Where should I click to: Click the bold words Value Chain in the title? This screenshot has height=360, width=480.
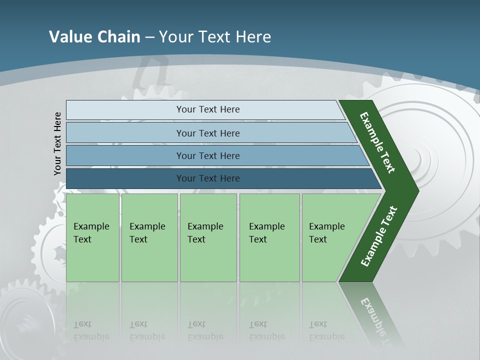click(x=94, y=36)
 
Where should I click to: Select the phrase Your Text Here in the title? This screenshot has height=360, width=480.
click(x=215, y=36)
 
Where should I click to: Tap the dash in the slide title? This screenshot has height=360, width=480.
click(x=149, y=37)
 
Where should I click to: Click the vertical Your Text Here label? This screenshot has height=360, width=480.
click(x=57, y=143)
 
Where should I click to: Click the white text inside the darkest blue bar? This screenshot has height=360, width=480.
click(x=208, y=178)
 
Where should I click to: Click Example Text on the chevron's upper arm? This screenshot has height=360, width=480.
click(x=377, y=142)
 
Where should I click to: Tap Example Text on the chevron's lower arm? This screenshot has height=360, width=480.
click(x=379, y=236)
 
